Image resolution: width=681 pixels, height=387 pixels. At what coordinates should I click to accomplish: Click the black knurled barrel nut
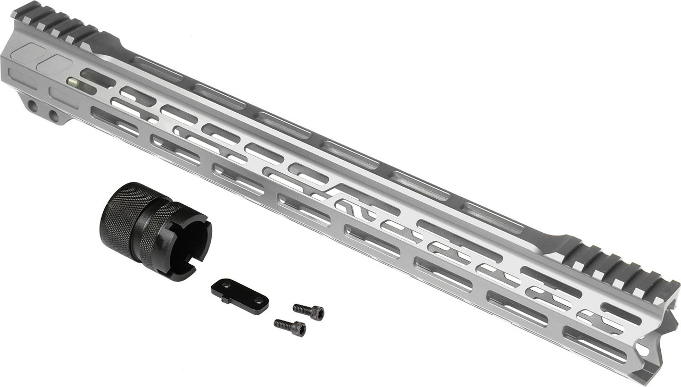point(154,231)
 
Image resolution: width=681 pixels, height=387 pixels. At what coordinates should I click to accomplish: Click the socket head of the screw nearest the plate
point(317,313)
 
